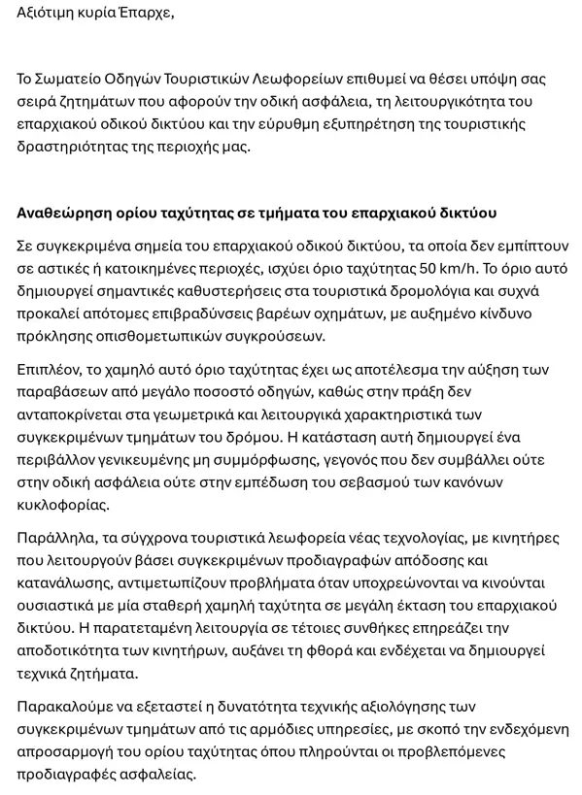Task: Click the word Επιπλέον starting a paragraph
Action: pyautogui.click(x=51, y=370)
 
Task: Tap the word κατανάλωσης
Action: pyautogui.click(x=62, y=583)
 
